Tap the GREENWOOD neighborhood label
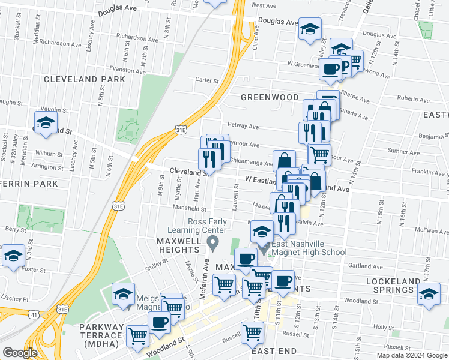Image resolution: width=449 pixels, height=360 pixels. [x=270, y=97]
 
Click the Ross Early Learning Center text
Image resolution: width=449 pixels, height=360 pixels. [x=208, y=226]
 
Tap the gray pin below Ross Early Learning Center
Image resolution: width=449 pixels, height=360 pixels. [x=211, y=243]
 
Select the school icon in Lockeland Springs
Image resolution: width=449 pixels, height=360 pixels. [x=429, y=295]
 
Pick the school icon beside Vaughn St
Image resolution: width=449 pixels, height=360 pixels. [x=46, y=122]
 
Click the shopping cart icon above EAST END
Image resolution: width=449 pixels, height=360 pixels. [x=252, y=332]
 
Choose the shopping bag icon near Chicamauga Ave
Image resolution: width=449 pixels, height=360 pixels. [x=284, y=161]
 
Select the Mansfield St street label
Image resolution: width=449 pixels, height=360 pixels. [x=190, y=210]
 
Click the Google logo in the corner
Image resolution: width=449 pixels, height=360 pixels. [x=20, y=353]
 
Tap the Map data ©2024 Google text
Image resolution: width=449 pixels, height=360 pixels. [x=412, y=355]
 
